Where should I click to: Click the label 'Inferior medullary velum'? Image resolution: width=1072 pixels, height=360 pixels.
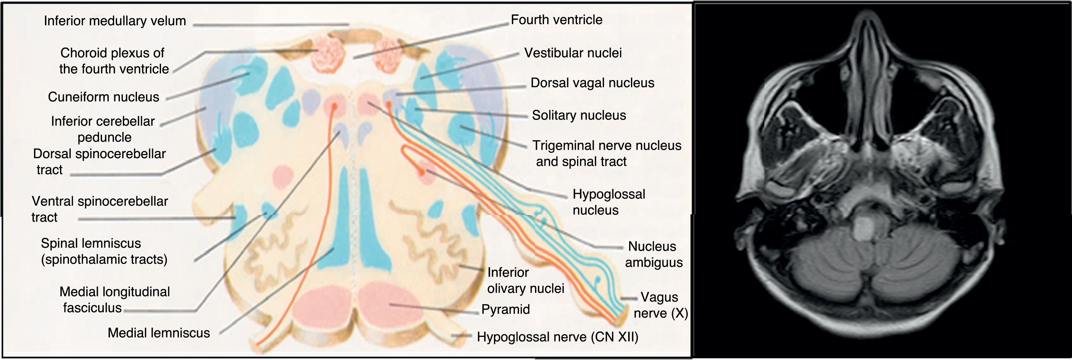115,21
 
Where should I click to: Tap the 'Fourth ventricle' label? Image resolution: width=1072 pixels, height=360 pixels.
557,20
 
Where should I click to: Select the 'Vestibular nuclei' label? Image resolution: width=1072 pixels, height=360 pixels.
573,53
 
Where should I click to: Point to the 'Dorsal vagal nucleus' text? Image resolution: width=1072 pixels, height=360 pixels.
592,83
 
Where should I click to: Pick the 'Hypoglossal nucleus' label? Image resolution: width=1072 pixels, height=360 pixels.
608,202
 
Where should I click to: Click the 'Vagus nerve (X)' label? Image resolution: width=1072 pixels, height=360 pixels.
660,305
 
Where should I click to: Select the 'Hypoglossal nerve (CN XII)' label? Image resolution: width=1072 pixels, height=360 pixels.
557,337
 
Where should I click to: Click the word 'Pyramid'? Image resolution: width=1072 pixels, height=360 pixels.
505,309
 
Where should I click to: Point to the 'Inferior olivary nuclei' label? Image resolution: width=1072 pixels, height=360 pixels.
525,280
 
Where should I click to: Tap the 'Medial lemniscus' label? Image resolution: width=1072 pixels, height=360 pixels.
158,332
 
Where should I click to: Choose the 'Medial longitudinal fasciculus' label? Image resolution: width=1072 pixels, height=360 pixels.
115,300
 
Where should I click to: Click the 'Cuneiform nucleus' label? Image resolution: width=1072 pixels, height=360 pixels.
103,97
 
